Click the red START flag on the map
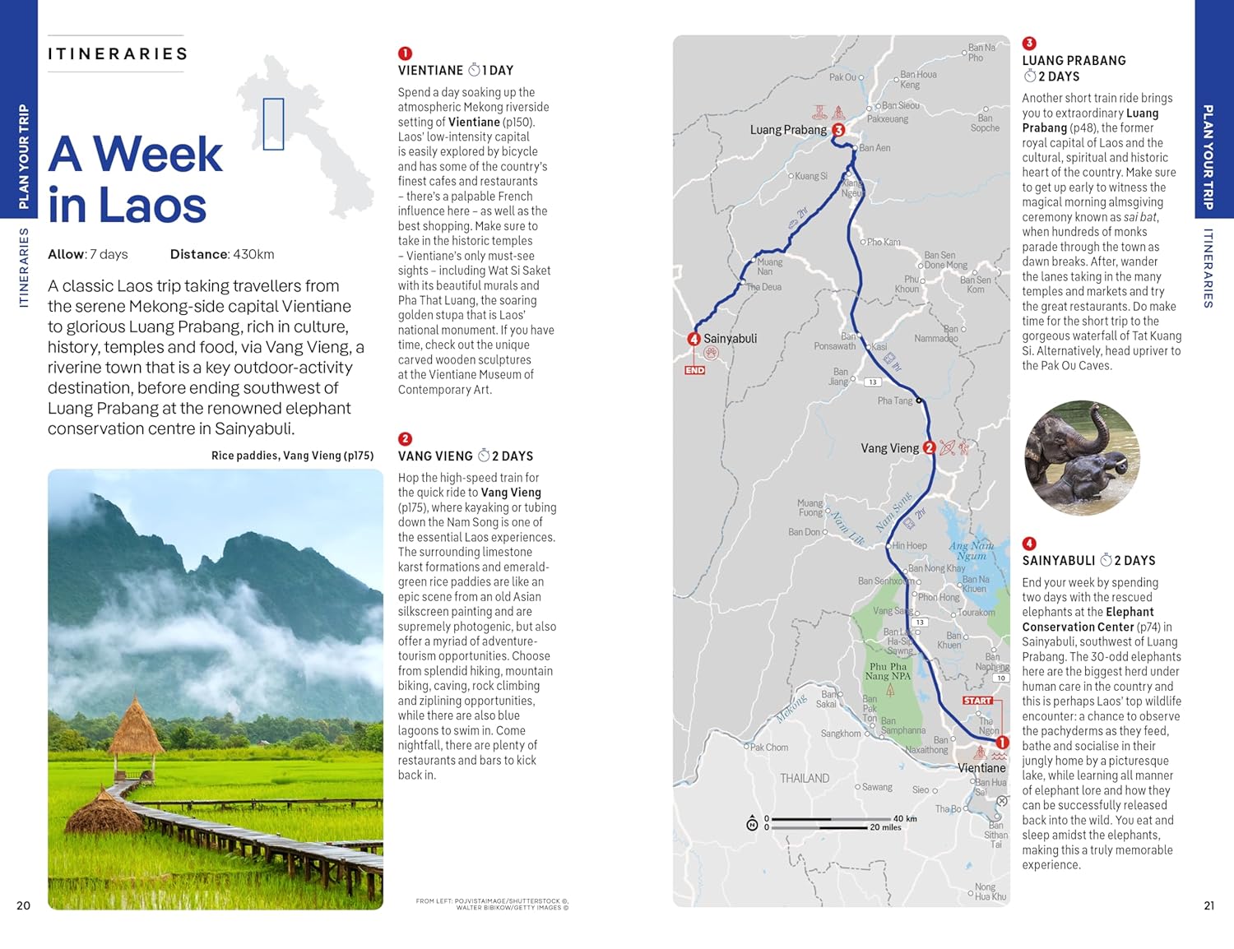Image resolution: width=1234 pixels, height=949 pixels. point(977,701)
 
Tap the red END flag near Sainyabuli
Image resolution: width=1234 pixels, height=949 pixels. point(694,370)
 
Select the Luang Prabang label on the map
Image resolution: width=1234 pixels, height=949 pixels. point(787,130)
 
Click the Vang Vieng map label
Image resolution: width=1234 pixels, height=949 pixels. point(889,448)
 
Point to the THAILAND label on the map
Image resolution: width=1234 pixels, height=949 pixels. point(804,778)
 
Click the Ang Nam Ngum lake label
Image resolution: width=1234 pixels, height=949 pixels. point(971,550)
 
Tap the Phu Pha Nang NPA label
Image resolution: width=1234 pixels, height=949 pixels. point(888,671)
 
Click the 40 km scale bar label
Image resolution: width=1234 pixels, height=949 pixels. point(904,818)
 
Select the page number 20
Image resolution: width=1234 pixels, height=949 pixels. point(23,905)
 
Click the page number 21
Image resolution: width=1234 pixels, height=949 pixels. point(1208,905)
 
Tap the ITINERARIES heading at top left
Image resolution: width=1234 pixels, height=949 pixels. point(118,54)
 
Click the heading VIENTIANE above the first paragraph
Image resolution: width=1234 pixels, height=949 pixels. point(430,71)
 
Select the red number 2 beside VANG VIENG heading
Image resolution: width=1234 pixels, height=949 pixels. point(405,439)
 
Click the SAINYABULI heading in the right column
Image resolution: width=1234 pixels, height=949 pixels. point(1058,561)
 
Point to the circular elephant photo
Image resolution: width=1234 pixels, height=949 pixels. point(1082,458)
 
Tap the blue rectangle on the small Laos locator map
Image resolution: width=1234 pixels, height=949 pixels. point(273,123)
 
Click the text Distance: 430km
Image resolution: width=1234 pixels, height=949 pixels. point(222,254)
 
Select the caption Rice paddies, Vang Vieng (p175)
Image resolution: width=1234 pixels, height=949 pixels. point(292,456)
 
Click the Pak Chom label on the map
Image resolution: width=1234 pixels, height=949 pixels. point(769,748)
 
